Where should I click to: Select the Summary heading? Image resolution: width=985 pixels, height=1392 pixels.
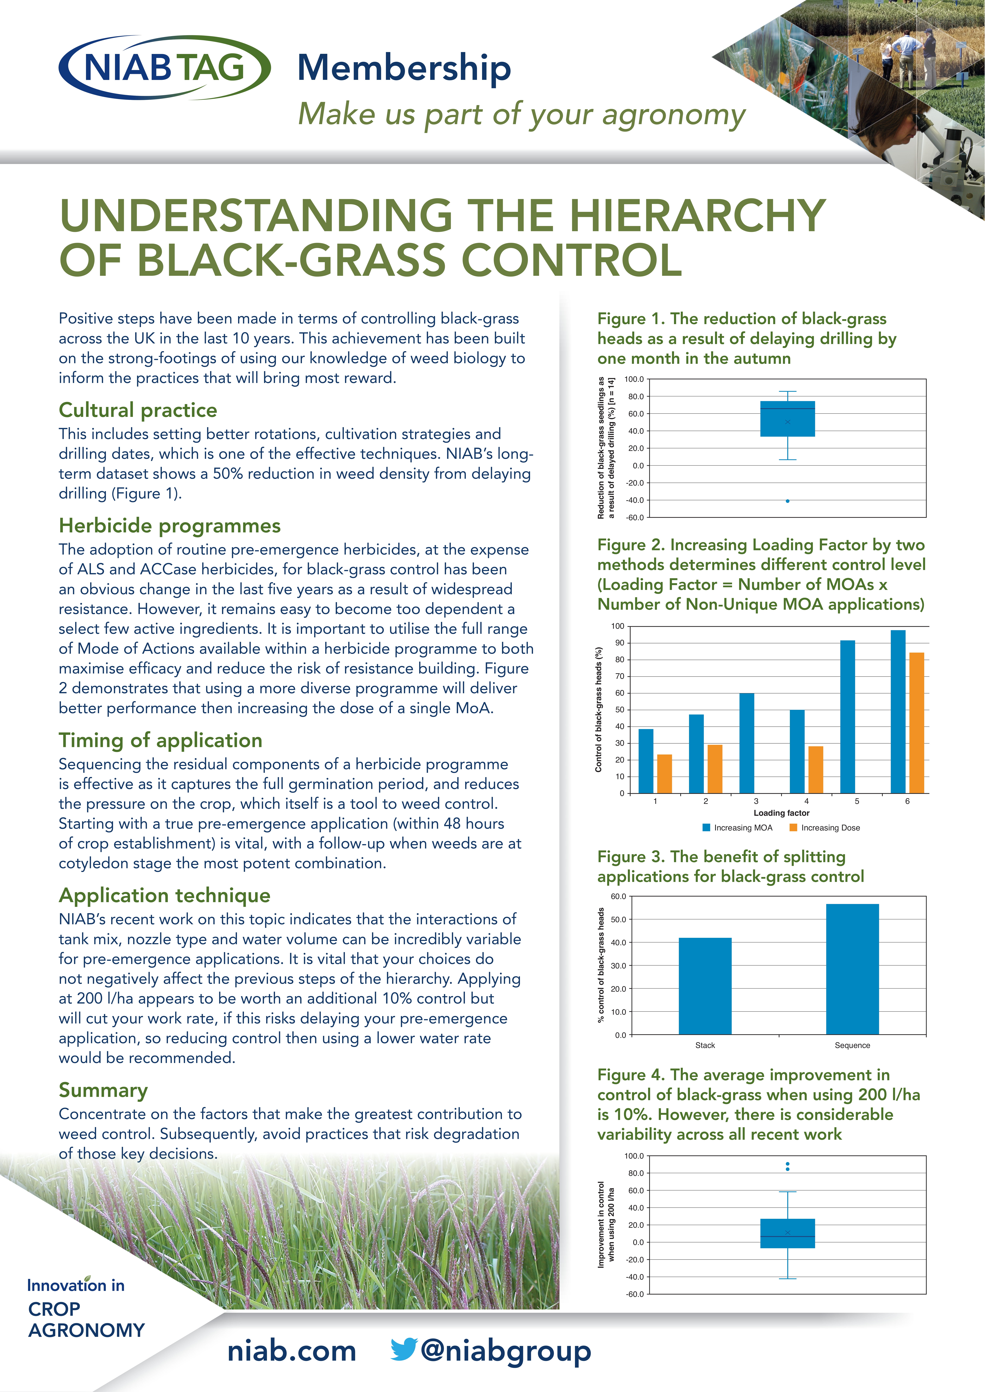pyautogui.click(x=103, y=1090)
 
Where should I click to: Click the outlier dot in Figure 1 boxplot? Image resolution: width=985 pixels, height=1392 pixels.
pyautogui.click(x=787, y=501)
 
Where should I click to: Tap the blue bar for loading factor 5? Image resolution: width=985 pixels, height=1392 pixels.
pyautogui.click(x=847, y=717)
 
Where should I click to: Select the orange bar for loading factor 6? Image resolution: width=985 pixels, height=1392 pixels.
pyautogui.click(x=916, y=723)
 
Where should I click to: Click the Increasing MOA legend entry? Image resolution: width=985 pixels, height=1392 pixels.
pyautogui.click(x=738, y=827)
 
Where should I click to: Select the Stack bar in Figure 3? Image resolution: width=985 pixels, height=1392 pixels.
pyautogui.click(x=705, y=986)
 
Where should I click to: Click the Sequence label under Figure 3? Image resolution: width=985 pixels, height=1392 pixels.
pyautogui.click(x=852, y=1045)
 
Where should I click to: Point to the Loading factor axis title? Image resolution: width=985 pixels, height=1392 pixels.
pyautogui.click(x=781, y=813)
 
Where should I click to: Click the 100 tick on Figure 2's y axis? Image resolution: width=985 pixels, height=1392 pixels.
pyautogui.click(x=618, y=626)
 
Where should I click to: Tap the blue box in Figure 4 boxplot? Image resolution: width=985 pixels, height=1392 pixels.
pyautogui.click(x=787, y=1233)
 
